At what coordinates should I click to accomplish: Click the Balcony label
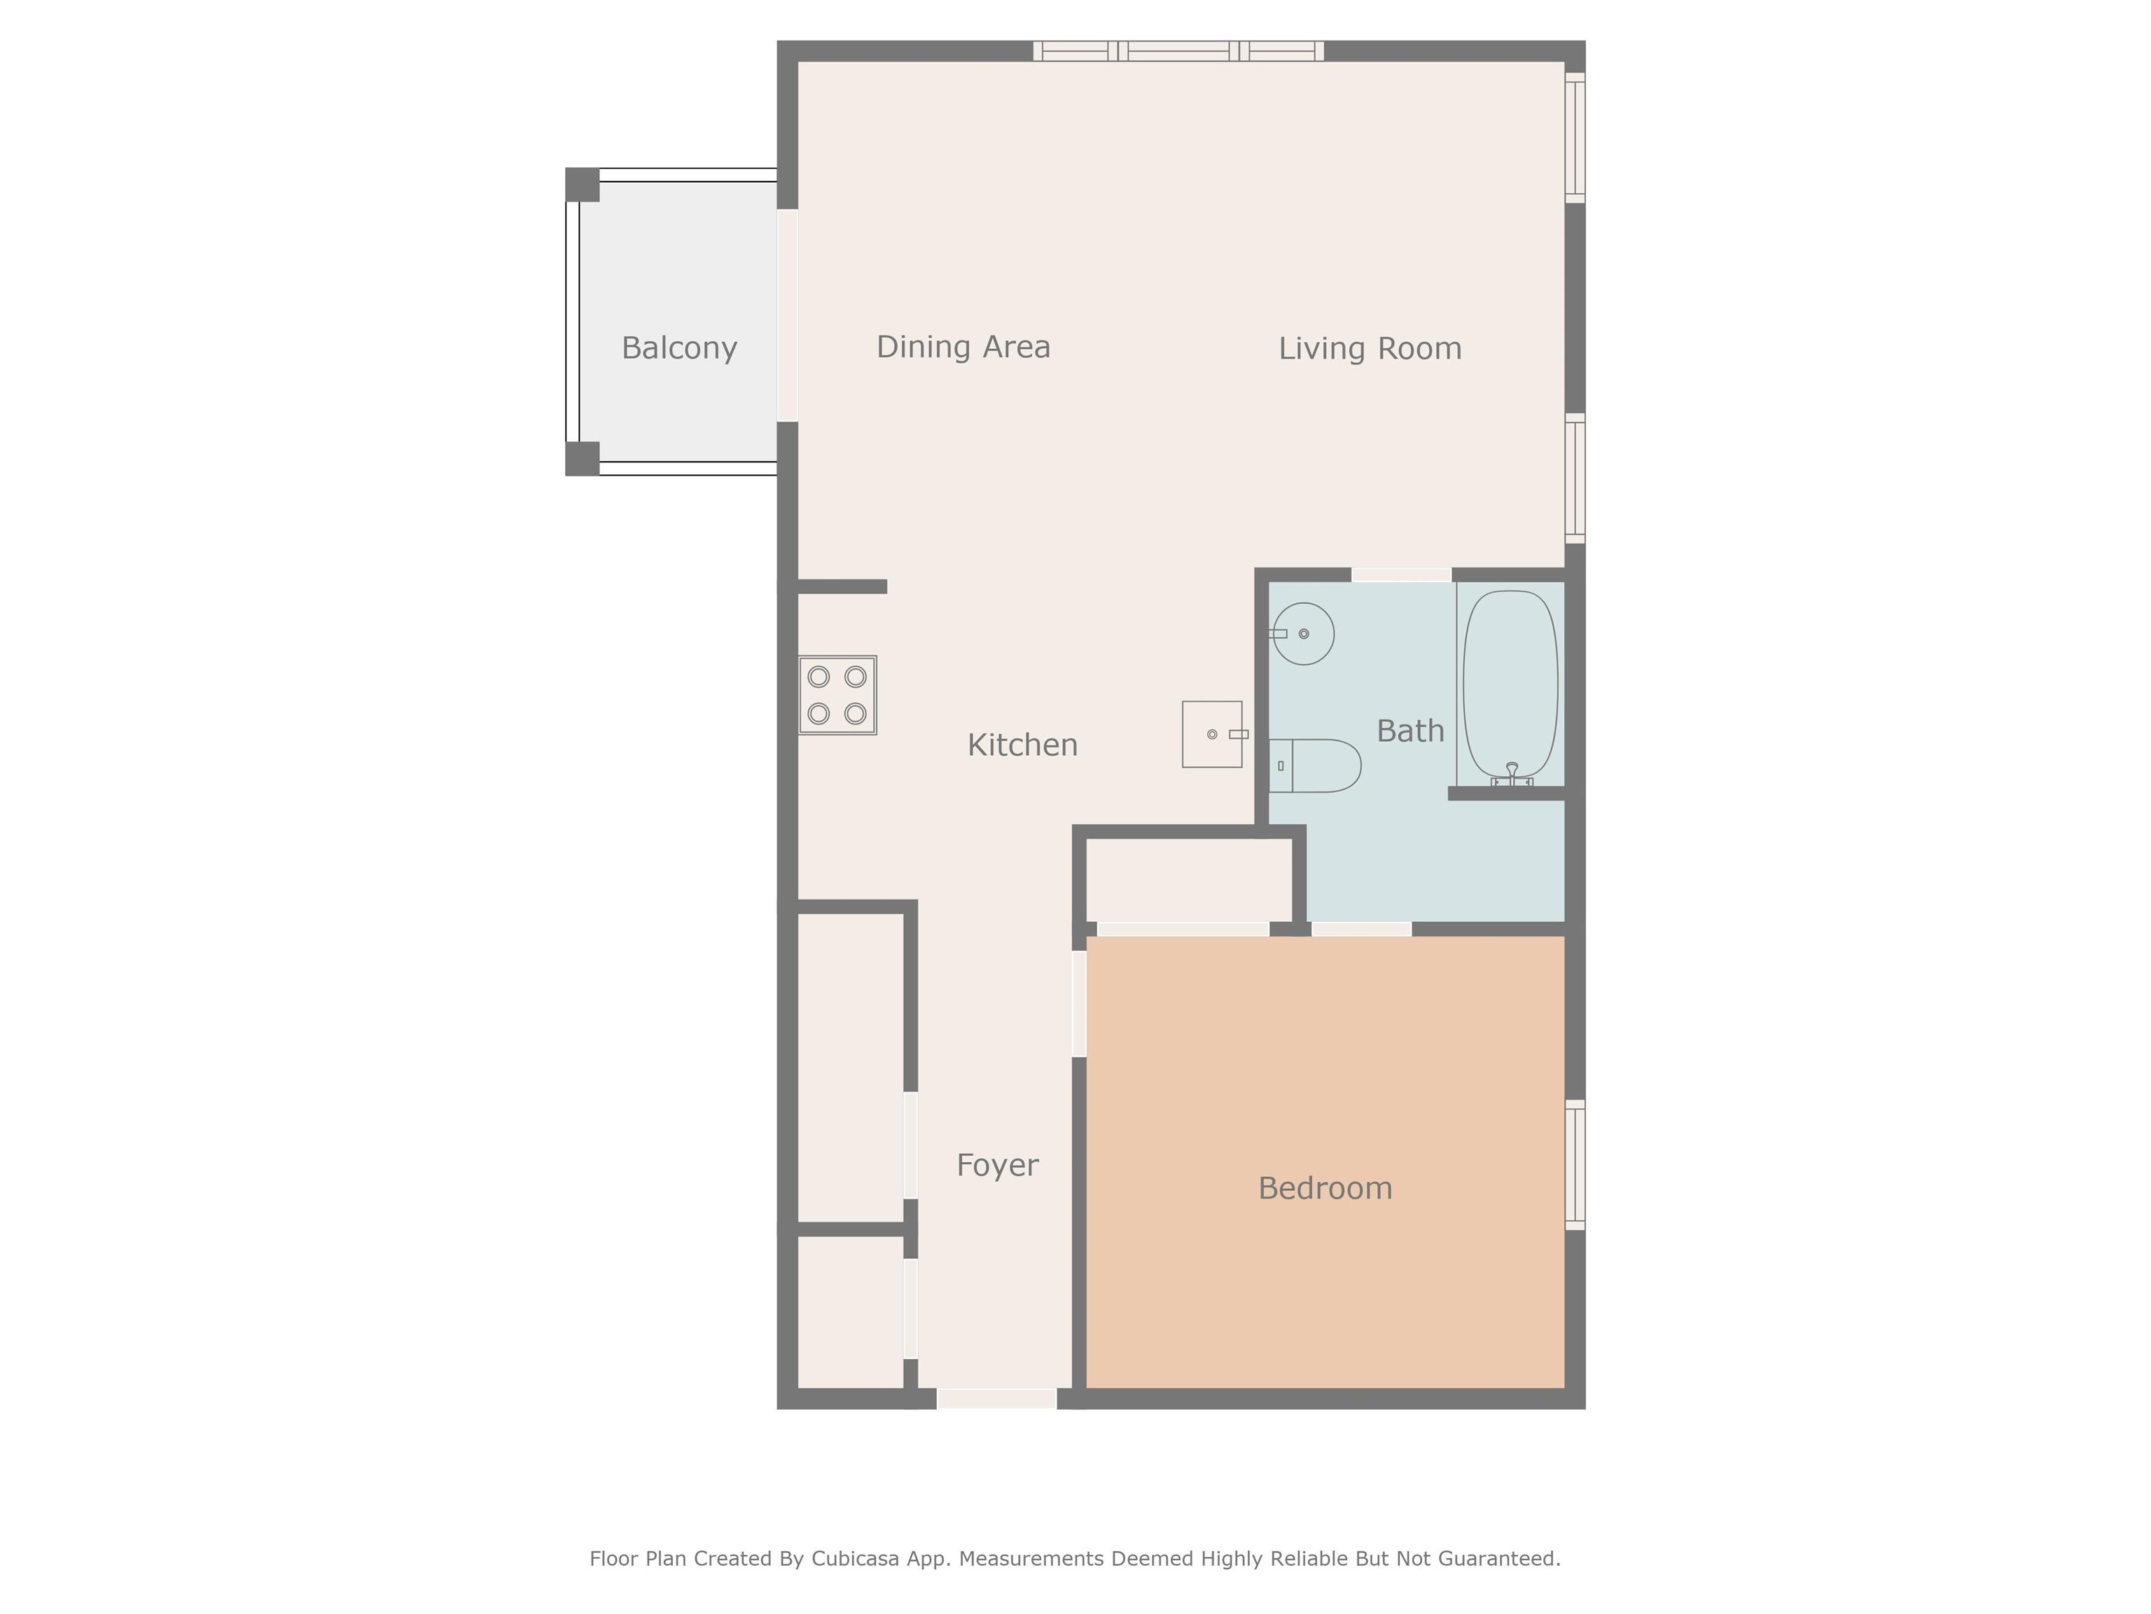678,348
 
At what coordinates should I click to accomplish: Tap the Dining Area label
963,347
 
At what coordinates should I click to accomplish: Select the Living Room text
1369,348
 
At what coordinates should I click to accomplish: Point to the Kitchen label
1022,745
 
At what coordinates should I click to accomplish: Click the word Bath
1410,731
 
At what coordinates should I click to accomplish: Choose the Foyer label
997,1166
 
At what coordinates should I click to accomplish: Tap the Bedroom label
1325,1188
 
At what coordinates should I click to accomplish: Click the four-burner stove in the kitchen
837,695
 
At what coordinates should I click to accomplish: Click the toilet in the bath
1314,766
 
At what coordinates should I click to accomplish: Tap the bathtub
1510,684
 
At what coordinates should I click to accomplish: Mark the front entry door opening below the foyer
997,1399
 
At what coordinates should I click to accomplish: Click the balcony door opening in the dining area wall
788,315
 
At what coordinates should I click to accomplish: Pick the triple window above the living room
1178,50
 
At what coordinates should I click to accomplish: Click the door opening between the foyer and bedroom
1078,1003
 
